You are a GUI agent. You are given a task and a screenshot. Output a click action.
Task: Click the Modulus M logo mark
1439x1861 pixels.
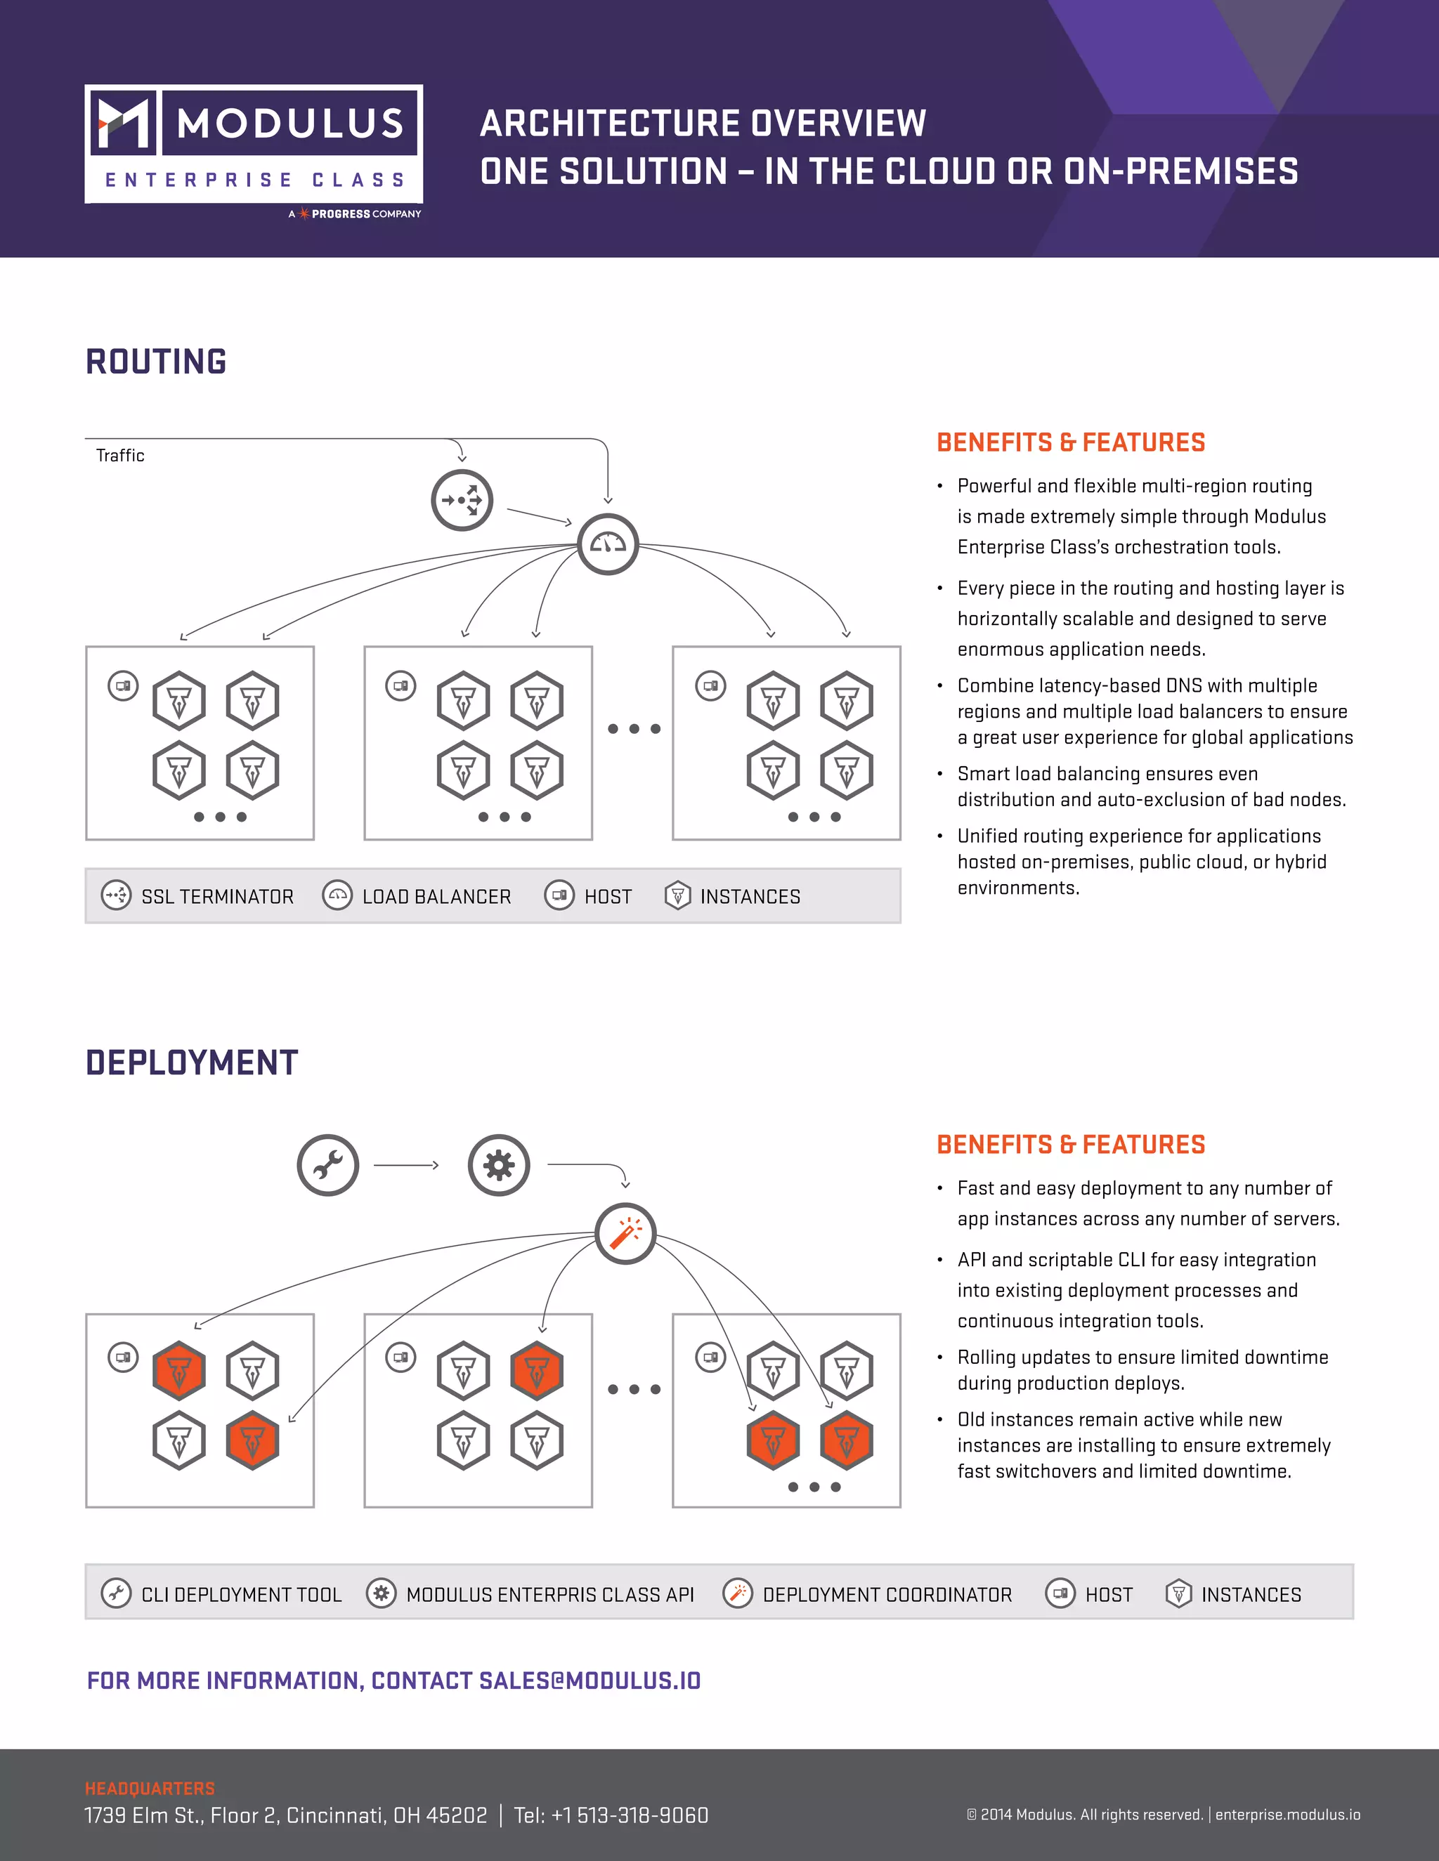click(x=123, y=122)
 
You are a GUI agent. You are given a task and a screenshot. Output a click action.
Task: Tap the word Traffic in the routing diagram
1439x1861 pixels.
click(x=120, y=456)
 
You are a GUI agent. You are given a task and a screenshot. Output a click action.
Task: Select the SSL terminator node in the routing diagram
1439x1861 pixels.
click(x=462, y=500)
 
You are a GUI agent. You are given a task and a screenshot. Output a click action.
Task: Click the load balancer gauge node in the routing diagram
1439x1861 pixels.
click(x=608, y=544)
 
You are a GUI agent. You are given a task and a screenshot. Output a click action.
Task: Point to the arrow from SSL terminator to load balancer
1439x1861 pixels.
click(x=539, y=516)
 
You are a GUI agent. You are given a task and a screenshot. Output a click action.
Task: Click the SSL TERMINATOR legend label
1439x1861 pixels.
click(x=217, y=896)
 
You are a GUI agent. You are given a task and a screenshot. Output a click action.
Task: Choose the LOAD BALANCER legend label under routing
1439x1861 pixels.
click(x=436, y=896)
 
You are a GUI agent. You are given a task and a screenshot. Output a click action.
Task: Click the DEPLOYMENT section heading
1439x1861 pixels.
click(x=192, y=1063)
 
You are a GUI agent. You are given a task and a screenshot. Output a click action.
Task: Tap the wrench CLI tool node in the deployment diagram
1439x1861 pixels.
click(x=328, y=1165)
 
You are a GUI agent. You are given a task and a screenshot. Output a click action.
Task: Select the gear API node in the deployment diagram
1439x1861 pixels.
click(x=499, y=1165)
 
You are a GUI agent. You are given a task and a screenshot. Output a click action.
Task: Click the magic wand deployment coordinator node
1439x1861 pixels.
click(x=626, y=1233)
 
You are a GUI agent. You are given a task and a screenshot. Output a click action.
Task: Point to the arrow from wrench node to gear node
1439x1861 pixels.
click(x=407, y=1165)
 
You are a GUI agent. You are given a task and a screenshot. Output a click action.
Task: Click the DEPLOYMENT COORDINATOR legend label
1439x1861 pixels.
click(x=887, y=1594)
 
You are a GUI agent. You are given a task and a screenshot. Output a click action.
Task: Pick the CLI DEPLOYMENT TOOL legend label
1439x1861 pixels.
click(x=241, y=1594)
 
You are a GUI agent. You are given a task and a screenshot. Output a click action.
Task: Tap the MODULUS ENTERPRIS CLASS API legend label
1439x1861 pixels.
click(x=550, y=1594)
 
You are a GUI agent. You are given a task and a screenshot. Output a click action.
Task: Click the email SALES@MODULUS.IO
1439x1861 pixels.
click(x=590, y=1681)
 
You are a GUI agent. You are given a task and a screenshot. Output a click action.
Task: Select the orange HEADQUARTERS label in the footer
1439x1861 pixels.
click(x=150, y=1788)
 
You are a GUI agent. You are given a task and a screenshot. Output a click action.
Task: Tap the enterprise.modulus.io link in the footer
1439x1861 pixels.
click(x=1287, y=1814)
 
